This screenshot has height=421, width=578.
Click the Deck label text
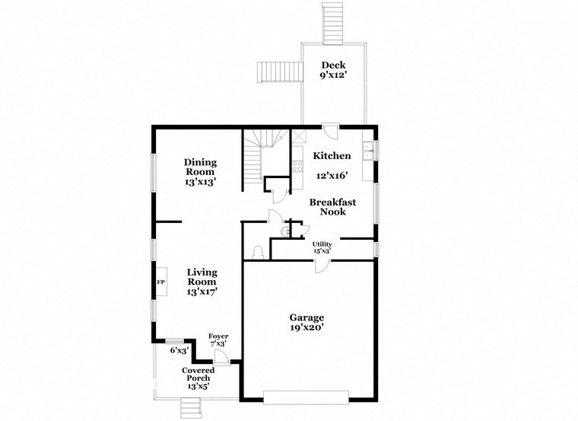point(333,65)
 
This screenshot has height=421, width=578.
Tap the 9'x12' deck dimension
point(333,75)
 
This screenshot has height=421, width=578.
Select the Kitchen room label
point(332,156)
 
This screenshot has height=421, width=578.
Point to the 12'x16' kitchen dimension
point(332,174)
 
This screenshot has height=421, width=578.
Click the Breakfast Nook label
point(327,206)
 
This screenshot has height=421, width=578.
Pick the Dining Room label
point(200,167)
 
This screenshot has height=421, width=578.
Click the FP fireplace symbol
point(161,282)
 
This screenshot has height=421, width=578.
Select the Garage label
point(306,317)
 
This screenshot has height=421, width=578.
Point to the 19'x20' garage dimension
point(306,328)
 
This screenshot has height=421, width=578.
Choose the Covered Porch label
point(198,374)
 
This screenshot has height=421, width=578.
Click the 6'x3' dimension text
point(179,350)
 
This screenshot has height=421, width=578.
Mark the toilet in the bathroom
point(258,251)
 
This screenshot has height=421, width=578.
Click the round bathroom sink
point(284,231)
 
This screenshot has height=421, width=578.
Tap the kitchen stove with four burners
point(297,163)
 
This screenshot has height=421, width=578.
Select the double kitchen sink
point(367,151)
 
